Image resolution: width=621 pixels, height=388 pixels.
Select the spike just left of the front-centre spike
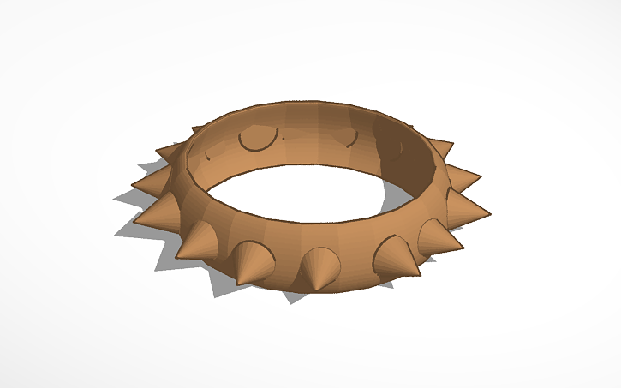pos(255,261)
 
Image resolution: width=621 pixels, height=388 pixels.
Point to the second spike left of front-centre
pos(199,242)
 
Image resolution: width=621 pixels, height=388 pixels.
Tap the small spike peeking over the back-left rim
pos(197,130)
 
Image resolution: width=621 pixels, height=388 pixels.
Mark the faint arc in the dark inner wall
pos(396,147)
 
